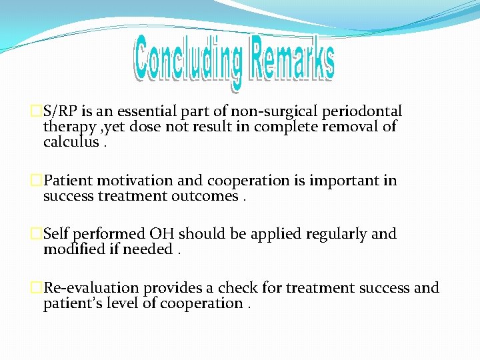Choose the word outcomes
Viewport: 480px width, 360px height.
204,196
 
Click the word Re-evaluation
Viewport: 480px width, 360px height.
91,288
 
